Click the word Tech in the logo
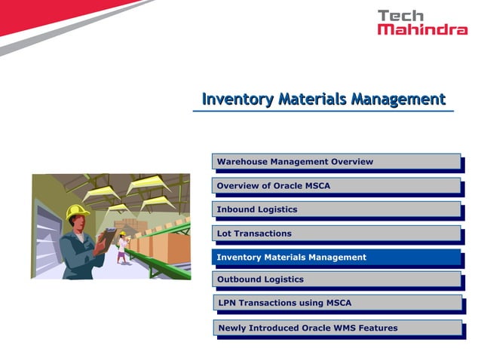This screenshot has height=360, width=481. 401,15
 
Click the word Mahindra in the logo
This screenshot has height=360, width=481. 422,29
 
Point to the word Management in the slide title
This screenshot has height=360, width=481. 400,99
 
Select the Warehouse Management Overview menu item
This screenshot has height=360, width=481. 336,161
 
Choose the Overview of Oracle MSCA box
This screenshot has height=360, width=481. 336,185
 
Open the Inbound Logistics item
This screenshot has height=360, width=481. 336,209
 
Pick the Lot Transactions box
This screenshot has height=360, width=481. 336,233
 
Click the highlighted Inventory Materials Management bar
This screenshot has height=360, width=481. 336,257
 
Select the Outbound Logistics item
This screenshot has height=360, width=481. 336,279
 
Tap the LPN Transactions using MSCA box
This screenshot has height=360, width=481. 336,303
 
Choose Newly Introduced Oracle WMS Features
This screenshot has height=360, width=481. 336,328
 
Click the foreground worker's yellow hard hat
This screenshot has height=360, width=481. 76,212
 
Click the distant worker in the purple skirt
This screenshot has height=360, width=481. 122,248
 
